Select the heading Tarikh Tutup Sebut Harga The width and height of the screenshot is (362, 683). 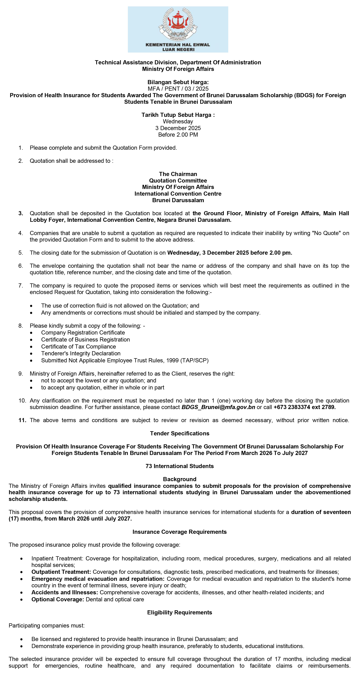click(178, 115)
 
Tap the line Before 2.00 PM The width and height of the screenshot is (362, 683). click(178, 134)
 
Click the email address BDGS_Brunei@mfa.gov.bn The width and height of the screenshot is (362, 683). click(218, 407)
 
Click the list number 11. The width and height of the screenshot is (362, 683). click(22, 420)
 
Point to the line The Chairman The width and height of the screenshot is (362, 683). click(178, 174)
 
